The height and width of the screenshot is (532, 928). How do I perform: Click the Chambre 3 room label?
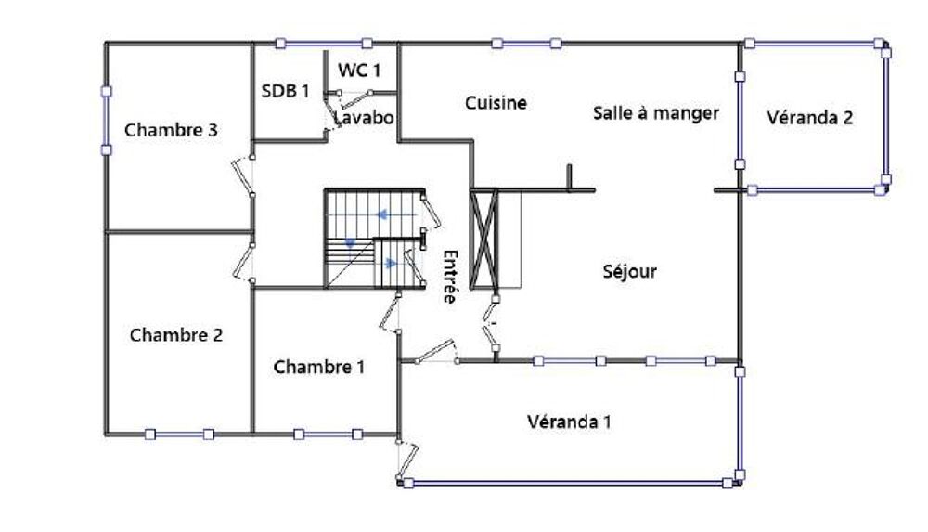pos(171,131)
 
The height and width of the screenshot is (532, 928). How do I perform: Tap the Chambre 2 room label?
pos(175,335)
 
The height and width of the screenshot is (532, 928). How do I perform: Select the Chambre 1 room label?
pos(318,368)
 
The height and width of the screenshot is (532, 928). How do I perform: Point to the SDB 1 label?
pos(285,91)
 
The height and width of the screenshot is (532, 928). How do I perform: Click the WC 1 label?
pos(359,69)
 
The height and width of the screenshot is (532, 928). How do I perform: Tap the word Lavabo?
pos(365,119)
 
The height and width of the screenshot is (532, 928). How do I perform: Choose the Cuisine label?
pos(496,103)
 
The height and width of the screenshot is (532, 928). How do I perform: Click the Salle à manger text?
pos(655,113)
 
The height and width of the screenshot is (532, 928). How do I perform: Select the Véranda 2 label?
pos(810,118)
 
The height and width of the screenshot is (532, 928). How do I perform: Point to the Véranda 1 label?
pos(569,422)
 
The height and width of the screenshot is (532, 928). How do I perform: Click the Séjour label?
pos(629,272)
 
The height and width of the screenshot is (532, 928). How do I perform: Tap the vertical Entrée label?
pos(450,277)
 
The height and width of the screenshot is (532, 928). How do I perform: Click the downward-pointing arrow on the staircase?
pos(351,241)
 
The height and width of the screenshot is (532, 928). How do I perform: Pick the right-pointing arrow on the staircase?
pos(392,263)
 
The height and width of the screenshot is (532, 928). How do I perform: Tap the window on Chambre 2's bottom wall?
pos(178,433)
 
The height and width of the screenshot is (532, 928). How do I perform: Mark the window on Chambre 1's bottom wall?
pos(327,433)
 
